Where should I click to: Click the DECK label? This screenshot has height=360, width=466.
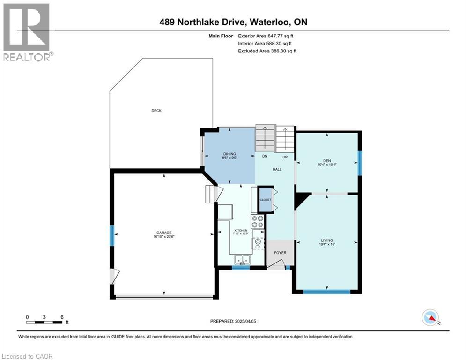coord(156,111)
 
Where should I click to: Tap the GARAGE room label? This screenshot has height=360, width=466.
coord(164,233)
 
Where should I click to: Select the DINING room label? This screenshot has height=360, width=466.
coord(229,154)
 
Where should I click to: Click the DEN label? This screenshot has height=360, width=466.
coord(327,160)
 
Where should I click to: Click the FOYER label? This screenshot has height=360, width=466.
coord(280,253)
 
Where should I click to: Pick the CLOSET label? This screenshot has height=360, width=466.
coord(266,200)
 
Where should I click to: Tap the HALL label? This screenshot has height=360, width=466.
coord(277,169)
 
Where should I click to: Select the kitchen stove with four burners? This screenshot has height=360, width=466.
coord(258,221)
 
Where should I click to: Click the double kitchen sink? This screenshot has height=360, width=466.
coord(243,259)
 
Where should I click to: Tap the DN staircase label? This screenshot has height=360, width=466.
coord(264,157)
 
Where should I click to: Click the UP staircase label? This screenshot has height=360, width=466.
coord(284,157)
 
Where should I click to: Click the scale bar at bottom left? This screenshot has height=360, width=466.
coord(44,322)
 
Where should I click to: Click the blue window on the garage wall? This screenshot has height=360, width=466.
coord(112,235)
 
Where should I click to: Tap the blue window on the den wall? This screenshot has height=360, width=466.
coord(360,163)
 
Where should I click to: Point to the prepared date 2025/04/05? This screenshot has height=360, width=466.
coord(234,322)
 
